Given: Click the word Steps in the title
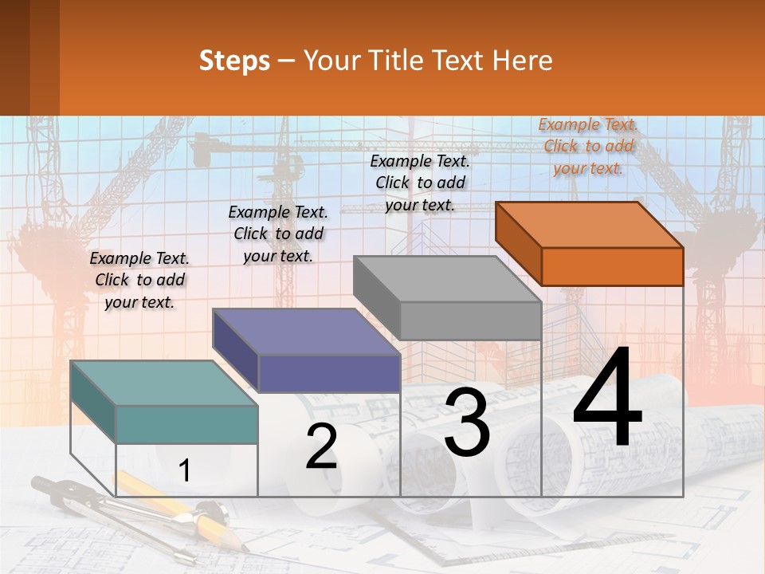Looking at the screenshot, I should coord(234,61).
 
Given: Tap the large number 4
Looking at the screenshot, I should coord(607,399).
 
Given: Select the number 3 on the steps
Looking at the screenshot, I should coord(467,423).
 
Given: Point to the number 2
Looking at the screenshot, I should coord(321,447).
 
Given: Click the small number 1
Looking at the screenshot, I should coord(184,470).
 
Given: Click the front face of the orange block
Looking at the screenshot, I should coord(612,266).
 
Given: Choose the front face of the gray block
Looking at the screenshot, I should coord(470,320).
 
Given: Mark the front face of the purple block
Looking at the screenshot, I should coord(329,373).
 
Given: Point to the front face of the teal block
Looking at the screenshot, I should coord(186,424).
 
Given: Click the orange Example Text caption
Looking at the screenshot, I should coord(588,146).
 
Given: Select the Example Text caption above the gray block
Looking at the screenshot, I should coord(420,183).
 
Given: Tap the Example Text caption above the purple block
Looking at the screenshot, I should coord(278,234).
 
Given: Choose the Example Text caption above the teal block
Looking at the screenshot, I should coord(139,280).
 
